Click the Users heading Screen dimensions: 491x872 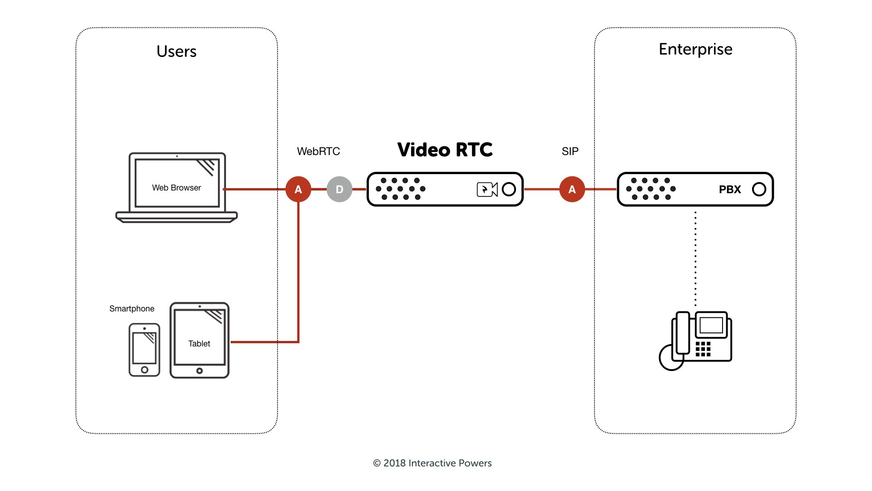pos(176,51)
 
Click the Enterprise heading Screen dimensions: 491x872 pos(695,49)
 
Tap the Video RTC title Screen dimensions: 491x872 pos(445,150)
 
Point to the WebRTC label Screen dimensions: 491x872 pos(318,151)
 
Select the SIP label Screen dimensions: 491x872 pos(570,151)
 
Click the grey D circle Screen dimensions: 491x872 pos(339,189)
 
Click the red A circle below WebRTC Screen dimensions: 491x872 pos(298,189)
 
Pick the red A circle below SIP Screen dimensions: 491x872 pos(572,189)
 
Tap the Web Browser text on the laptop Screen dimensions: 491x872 pos(176,188)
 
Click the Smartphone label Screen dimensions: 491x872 pos(132,309)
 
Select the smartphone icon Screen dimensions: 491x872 pos(144,350)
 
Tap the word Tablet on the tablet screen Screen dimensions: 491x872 pos(199,344)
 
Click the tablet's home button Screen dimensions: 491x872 pos(199,371)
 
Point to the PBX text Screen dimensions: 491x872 pos(730,190)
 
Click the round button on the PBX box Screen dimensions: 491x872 pos(759,189)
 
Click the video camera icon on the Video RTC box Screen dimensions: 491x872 pos(487,189)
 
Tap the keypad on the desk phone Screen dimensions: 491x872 pos(703,349)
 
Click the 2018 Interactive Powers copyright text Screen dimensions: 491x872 pos(432,463)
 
